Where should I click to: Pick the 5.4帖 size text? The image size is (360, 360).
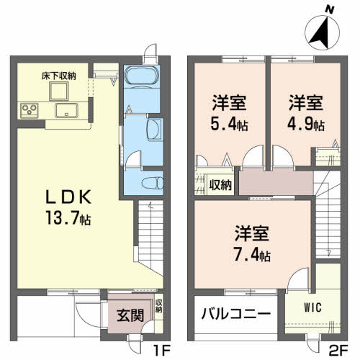click(x=229, y=125)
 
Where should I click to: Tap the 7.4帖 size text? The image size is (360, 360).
click(x=252, y=255)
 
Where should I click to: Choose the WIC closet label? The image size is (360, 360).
click(x=312, y=307)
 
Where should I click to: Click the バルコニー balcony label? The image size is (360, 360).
click(x=235, y=315)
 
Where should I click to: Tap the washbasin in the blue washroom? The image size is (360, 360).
click(x=153, y=130)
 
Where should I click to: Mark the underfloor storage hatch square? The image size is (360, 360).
click(x=59, y=90)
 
